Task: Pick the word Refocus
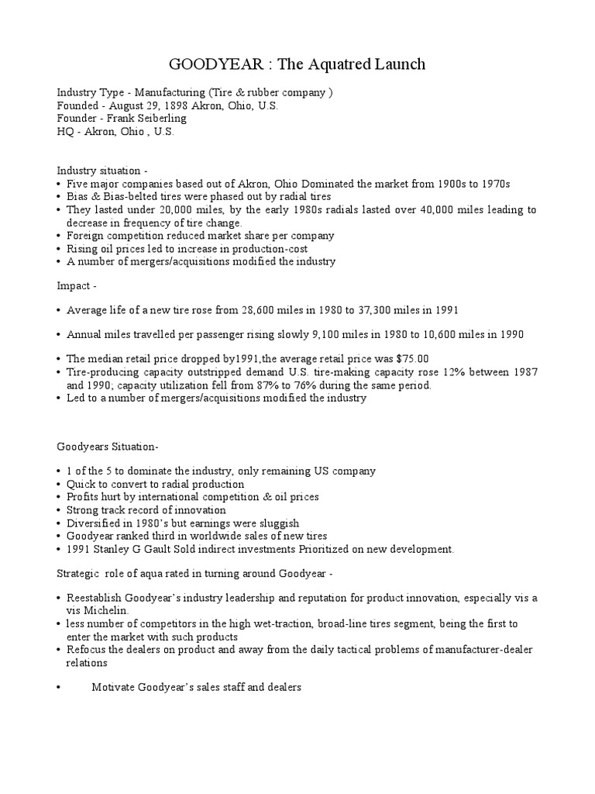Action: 84,649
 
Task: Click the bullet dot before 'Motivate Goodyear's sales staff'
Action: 60,687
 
